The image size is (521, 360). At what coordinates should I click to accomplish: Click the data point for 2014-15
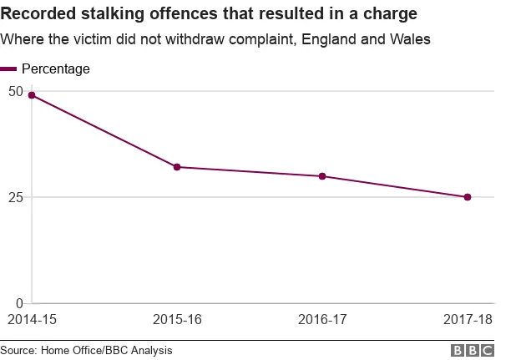coord(32,95)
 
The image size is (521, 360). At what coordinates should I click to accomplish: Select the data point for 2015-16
coord(177,167)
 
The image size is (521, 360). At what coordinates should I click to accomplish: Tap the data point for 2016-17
coord(322,176)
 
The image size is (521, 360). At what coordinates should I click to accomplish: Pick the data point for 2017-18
coord(468,197)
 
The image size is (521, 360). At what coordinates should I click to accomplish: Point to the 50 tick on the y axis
coord(15,90)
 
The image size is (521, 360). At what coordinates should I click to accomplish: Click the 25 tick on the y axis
coord(15,197)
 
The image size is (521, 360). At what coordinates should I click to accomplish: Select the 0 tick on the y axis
coord(19,303)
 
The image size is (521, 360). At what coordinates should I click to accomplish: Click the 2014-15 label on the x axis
coord(32,320)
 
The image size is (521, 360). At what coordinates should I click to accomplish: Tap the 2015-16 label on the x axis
coord(177,320)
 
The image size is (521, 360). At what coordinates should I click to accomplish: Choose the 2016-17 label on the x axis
coord(322,320)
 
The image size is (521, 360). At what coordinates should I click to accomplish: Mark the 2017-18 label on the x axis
coord(468,320)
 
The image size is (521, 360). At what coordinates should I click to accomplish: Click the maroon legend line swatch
coord(8,69)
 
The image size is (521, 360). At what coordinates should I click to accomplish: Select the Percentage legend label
coord(56,69)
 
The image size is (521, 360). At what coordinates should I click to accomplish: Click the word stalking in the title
coord(104,14)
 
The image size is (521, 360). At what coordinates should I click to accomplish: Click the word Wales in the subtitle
coord(411,39)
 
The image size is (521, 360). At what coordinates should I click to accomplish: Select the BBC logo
coord(473,351)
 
